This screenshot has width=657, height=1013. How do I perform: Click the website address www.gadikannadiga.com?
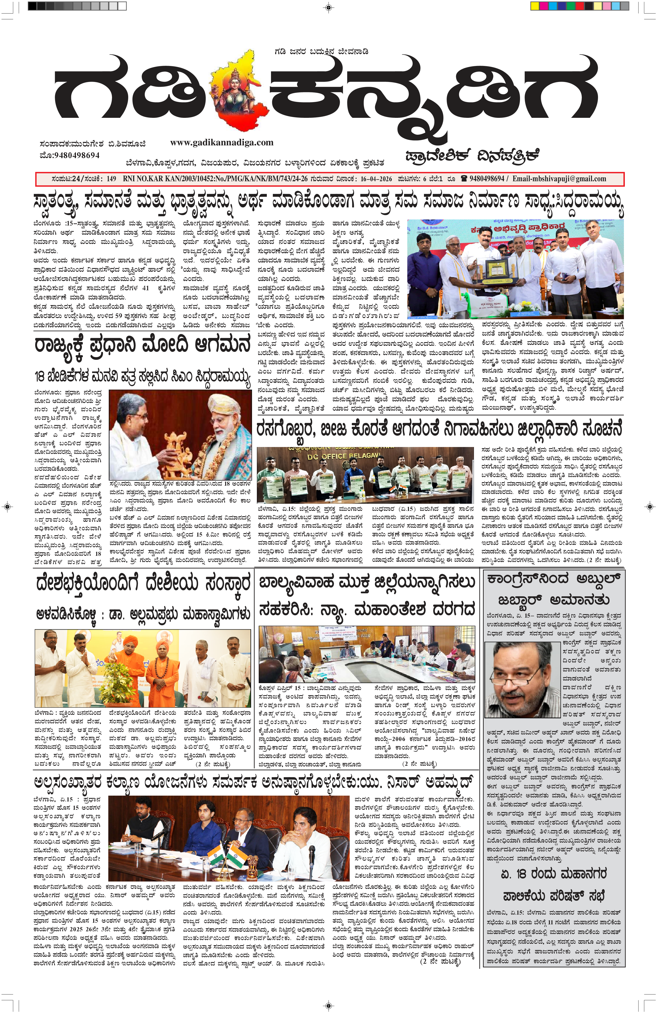coord(222,143)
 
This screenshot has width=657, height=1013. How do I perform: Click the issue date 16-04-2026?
coord(376,179)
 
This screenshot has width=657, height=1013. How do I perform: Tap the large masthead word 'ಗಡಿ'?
coord(128,94)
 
